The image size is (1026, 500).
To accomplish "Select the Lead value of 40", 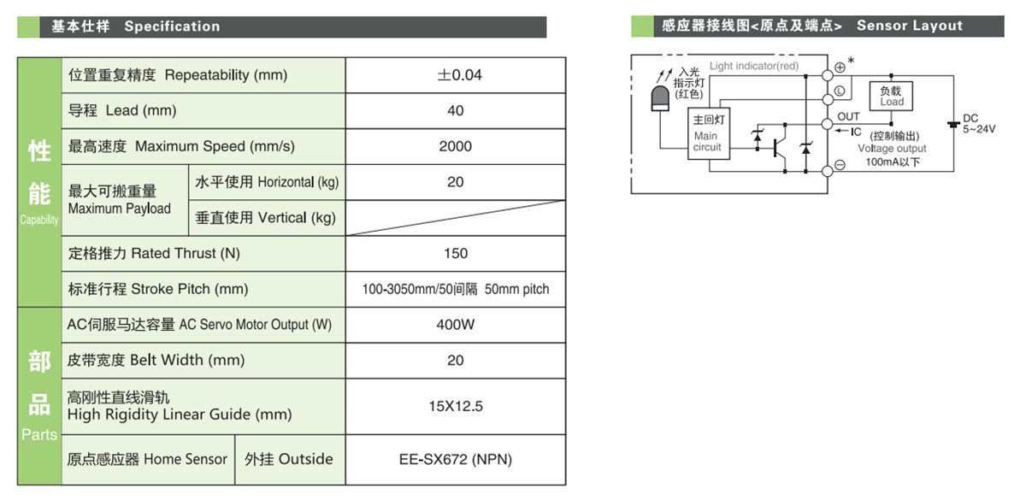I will click(x=456, y=110).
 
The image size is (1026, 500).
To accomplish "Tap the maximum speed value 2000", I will click(x=455, y=146).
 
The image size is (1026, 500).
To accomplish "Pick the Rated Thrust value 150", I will click(x=456, y=253).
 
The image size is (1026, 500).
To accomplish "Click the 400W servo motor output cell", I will click(x=456, y=325).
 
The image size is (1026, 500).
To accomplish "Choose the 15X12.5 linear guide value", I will click(x=456, y=406).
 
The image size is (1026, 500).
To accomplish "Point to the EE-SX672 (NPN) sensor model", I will click(x=455, y=459).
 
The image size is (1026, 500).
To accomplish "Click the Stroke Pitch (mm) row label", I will click(x=158, y=289).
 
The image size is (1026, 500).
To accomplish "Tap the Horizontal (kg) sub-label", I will click(x=267, y=182).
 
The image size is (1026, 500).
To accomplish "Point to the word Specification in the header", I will click(x=172, y=26).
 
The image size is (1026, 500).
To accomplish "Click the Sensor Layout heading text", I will click(x=910, y=26).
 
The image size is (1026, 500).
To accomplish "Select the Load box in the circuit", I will click(x=892, y=96).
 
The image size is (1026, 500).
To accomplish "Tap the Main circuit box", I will click(x=708, y=136).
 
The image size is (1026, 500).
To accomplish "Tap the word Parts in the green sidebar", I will click(x=39, y=435).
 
